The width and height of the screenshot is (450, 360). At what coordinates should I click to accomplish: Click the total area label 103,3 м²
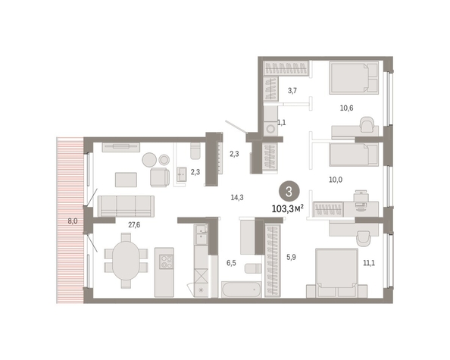tap(288, 208)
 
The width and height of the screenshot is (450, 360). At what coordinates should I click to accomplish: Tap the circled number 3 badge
tap(289, 192)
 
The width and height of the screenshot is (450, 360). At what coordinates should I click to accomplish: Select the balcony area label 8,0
tap(73, 221)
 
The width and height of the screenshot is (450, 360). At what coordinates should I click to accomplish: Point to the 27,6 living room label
tap(134, 225)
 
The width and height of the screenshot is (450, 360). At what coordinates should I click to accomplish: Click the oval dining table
tap(126, 261)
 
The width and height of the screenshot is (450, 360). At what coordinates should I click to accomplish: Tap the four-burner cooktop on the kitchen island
tap(167, 261)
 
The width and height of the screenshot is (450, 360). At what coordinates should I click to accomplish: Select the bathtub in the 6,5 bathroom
tap(242, 290)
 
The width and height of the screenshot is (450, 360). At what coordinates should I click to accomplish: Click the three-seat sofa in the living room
tap(126, 206)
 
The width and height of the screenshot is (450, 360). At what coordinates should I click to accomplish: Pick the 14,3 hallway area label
tap(237, 197)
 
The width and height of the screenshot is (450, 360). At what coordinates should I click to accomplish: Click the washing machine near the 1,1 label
tap(270, 128)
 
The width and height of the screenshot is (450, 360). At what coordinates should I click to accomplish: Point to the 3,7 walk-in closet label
tap(292, 91)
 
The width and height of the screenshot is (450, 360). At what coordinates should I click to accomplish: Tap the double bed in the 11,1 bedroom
tap(336, 273)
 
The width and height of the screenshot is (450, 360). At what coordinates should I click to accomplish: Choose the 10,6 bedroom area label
tap(347, 108)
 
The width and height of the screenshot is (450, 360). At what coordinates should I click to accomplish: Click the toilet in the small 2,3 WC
tap(195, 151)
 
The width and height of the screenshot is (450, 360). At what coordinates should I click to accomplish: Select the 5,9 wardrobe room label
tap(291, 257)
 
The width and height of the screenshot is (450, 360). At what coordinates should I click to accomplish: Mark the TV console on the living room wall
tap(121, 147)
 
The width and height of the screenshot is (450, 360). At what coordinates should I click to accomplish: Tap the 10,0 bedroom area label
tap(336, 180)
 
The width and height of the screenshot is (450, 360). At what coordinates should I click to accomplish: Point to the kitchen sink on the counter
tap(202, 229)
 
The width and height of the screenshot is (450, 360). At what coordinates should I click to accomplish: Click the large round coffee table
tap(149, 159)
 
